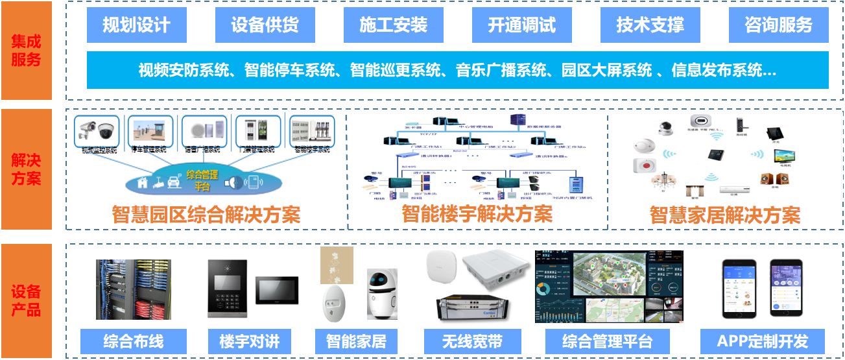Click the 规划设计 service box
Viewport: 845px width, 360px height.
[136, 25]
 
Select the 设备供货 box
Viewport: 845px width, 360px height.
[265, 25]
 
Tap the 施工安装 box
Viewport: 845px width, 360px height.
[394, 25]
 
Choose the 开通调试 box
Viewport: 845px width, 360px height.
[522, 25]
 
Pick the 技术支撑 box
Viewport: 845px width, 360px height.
[650, 25]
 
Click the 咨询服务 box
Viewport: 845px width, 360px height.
[778, 25]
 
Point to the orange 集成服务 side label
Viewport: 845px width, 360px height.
[27, 51]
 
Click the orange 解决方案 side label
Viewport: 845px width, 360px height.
[27, 169]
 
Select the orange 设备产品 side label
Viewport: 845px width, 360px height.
[27, 300]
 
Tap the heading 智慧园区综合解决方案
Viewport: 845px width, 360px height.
[206, 215]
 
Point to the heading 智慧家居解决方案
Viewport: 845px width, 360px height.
[725, 215]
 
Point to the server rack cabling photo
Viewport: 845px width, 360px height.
[134, 289]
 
